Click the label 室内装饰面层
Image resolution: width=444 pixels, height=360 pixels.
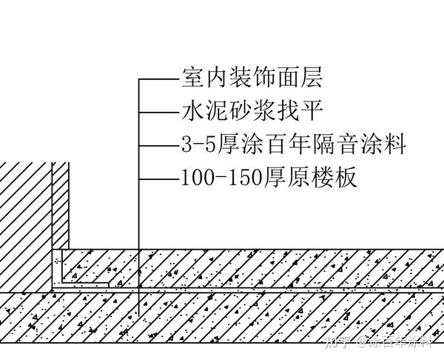pyautogui.click(x=252, y=77)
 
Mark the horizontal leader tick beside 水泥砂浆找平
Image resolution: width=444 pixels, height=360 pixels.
pyautogui.click(x=157, y=112)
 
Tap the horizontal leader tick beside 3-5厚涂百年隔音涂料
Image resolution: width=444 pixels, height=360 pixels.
pyautogui.click(x=157, y=145)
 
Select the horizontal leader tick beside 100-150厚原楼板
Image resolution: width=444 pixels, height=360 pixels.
pyautogui.click(x=157, y=179)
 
